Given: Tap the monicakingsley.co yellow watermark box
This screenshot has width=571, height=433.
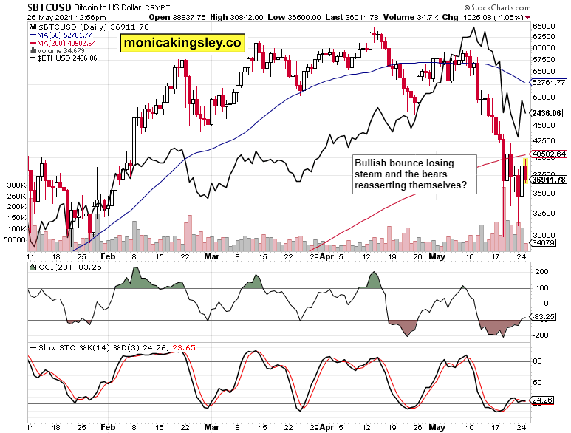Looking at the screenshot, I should [x=182, y=44].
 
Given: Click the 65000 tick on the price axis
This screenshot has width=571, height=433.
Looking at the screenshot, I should [x=544, y=26].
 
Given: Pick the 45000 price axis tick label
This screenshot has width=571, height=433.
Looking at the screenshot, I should [x=544, y=126].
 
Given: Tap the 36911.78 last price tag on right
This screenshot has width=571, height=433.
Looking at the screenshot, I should [x=548, y=180].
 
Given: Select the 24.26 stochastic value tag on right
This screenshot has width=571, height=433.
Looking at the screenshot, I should [x=545, y=401].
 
